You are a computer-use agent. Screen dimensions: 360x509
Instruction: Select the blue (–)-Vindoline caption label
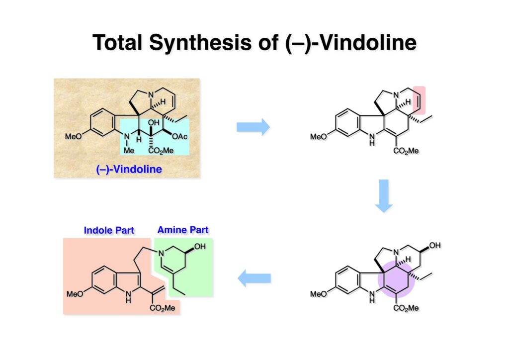tap(129, 169)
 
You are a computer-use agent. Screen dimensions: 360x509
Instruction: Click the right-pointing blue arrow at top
tap(253, 128)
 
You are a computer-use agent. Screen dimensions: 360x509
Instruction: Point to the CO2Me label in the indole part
tap(163, 308)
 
